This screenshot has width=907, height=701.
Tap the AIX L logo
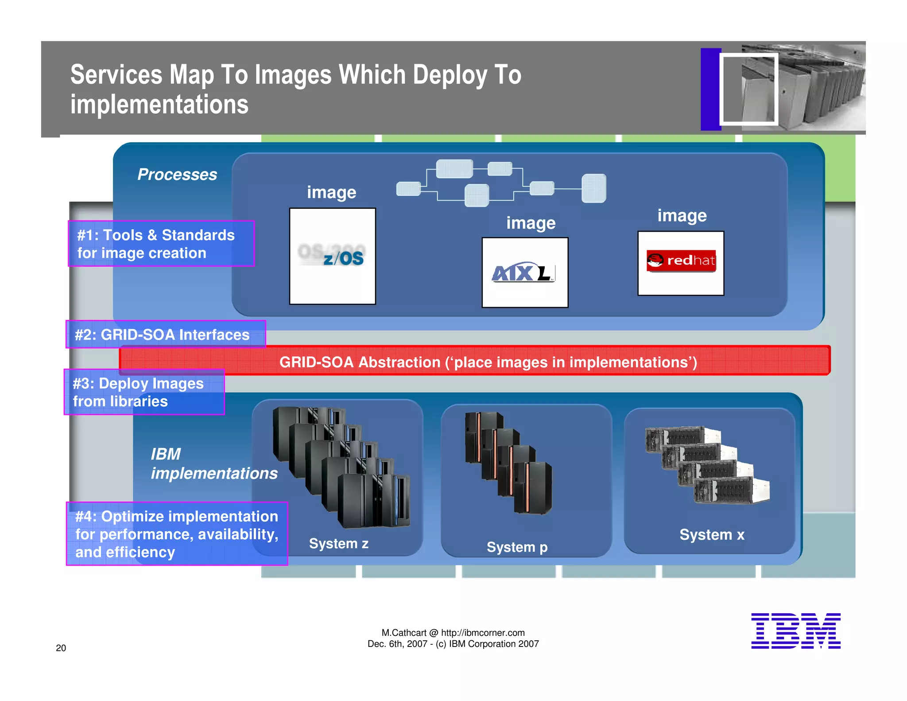point(524,273)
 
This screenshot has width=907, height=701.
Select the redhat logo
point(681,261)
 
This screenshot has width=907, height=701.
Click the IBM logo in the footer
point(795,631)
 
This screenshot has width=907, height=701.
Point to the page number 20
point(61,648)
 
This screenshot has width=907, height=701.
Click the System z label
point(339,543)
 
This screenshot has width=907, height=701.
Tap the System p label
point(517,547)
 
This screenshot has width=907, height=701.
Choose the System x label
point(712,534)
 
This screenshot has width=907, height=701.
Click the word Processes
point(177,174)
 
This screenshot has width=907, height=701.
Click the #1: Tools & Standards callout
point(161,243)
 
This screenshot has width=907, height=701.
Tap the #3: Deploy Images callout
point(144,392)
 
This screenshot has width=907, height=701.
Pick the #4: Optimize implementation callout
point(177,534)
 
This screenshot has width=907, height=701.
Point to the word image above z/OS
point(331,192)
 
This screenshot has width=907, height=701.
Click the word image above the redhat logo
point(682,215)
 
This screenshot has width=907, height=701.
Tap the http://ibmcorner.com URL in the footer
point(483,633)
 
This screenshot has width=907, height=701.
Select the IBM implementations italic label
point(213,463)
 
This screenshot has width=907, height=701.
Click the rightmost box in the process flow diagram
point(593,188)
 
